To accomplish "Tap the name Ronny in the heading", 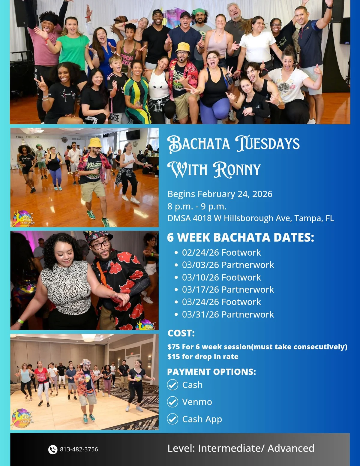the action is pos(237,170).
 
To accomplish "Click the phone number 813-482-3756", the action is pos(79,449).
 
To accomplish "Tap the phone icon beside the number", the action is pos(53,449).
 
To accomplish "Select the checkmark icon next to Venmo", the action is pos(172,402).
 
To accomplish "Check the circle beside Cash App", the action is pos(172,419).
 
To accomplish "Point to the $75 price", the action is pos(174,347).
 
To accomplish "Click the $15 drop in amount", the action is pos(174,357).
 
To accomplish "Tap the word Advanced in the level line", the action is pos(291,448).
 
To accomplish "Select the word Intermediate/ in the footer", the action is pos(231,448).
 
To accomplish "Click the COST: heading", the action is pos(181,333).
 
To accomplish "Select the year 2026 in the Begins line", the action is pos(262,194).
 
